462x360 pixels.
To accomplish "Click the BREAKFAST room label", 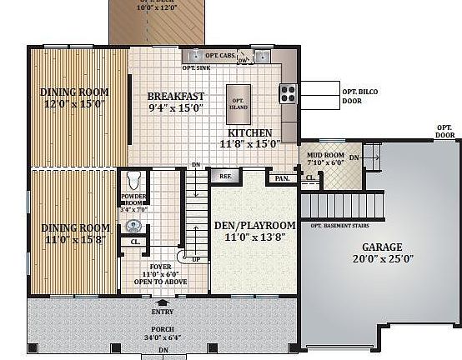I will [176, 96].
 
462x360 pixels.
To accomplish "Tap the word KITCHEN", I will [245, 132].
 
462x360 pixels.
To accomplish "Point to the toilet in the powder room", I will [132, 179].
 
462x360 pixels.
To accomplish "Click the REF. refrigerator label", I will [225, 177].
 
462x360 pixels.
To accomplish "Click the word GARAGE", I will [382, 247].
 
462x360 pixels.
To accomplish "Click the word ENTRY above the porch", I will [162, 312].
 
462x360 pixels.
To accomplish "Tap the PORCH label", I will [162, 329].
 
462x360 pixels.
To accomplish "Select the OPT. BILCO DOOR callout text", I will [352, 96].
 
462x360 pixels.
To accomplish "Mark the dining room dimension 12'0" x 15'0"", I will [74, 104].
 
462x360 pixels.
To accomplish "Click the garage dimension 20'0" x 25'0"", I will [381, 260].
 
